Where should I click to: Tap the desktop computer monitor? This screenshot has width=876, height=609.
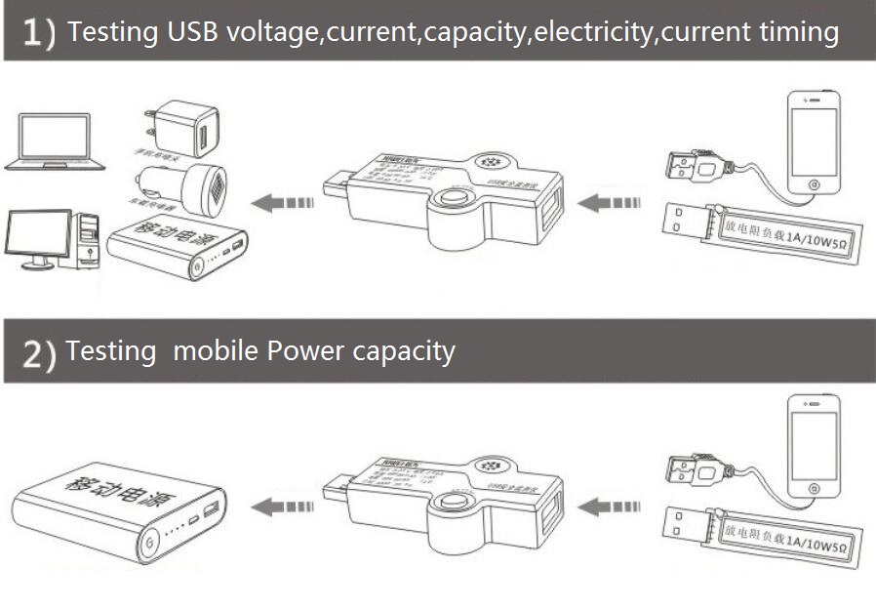coord(38,235)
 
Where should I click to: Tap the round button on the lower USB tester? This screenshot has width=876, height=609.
coord(451,505)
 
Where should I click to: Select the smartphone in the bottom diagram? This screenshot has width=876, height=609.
coord(814,445)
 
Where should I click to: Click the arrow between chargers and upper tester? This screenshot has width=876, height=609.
coord(283,203)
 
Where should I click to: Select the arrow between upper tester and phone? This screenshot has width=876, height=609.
coord(610,203)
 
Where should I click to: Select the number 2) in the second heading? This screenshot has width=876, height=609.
coord(39,355)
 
